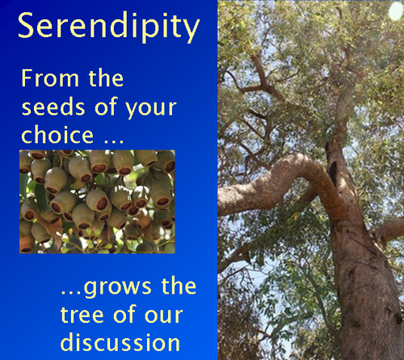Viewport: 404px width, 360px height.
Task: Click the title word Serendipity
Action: tap(109, 27)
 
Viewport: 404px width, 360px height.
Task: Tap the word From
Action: tap(50, 78)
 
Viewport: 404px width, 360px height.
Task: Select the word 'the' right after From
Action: tap(106, 78)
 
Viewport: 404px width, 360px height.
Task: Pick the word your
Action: tap(151, 109)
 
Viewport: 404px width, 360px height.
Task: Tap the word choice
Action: tap(57, 135)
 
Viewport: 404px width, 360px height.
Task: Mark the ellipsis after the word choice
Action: tap(114, 141)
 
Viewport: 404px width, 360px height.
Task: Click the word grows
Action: tap(118, 288)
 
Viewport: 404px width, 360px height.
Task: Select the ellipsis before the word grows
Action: tap(72, 292)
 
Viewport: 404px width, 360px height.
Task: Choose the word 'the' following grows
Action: tap(179, 286)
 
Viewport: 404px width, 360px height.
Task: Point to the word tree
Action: tap(82, 315)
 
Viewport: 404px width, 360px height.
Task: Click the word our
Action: tap(164, 316)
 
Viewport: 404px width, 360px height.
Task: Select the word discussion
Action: tap(120, 342)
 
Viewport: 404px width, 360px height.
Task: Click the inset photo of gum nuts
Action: tap(97, 201)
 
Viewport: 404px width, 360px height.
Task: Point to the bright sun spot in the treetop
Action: tap(396, 11)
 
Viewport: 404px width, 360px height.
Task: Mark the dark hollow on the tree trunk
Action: tap(333, 172)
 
